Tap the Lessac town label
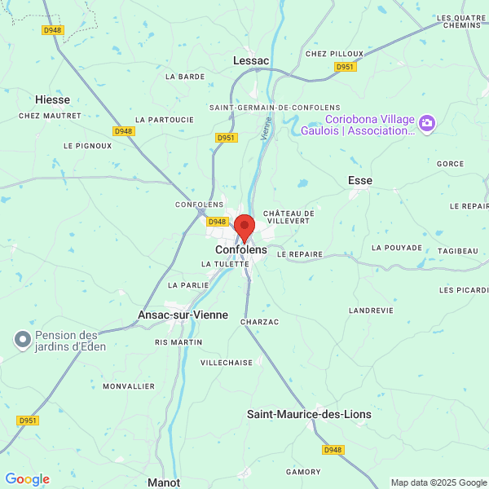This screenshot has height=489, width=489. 251,60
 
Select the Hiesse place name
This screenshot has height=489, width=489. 52,99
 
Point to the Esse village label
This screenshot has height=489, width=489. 359,180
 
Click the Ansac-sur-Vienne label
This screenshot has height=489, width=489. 183,315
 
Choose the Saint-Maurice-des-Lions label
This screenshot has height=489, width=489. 309,414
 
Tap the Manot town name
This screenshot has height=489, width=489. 164,482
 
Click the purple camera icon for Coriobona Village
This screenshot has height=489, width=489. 427,124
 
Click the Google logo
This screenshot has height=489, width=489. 28,479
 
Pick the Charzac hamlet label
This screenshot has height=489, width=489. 259,322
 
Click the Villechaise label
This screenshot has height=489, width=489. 227,362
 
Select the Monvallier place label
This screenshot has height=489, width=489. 128,386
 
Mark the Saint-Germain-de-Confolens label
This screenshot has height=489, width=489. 263,108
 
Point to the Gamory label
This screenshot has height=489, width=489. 302,472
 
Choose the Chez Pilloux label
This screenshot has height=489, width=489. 328,54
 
